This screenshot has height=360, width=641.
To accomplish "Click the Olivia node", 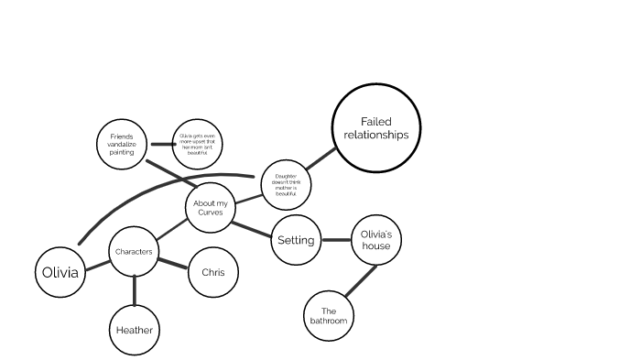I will point(60,272).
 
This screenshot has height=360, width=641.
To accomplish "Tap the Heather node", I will point(135,330).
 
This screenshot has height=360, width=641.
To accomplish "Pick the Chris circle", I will point(212,272).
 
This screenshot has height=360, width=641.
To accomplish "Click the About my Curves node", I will point(210,208).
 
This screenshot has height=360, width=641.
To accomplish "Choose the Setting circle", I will point(296,240).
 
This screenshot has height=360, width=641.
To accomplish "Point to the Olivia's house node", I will point(376,240).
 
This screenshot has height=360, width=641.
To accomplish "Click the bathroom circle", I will point(328,316).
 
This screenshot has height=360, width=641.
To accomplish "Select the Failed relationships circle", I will point(375,128).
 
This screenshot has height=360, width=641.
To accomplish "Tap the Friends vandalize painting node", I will point(122,144).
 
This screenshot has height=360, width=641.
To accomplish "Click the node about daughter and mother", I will point(286,184).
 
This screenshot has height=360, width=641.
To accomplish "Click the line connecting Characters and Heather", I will point(135,289).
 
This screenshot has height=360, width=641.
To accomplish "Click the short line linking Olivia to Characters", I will point(97,267).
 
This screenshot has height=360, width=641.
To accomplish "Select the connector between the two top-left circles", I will point(163,144).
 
